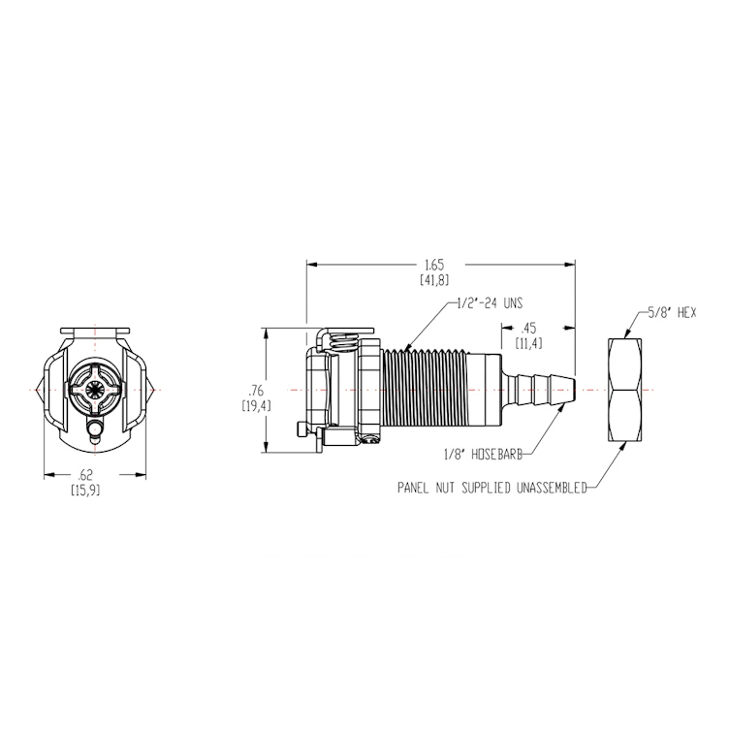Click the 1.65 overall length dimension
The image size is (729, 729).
433,263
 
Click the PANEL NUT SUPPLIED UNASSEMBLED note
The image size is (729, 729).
491,489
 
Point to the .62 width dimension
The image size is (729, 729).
87,475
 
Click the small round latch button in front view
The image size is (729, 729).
95,430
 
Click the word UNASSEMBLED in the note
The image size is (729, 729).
545,489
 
